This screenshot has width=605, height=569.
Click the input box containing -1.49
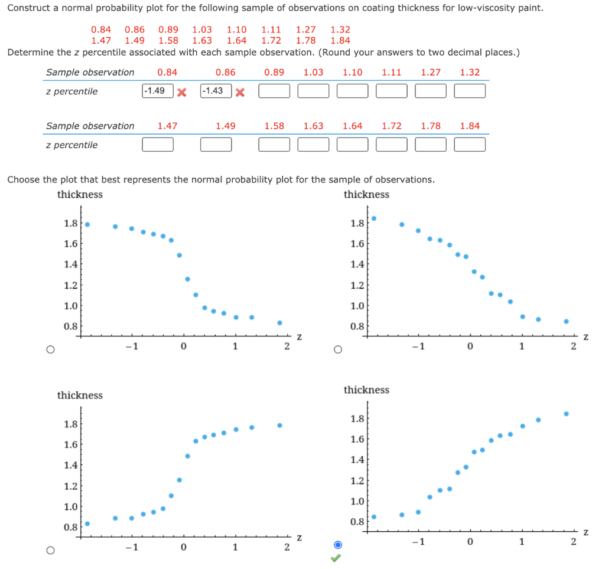[x=157, y=91]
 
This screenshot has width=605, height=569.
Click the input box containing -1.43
[x=216, y=91]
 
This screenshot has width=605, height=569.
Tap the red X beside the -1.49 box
[x=182, y=92]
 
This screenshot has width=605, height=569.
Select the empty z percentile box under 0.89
[x=274, y=91]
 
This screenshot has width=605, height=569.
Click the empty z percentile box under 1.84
[x=470, y=145]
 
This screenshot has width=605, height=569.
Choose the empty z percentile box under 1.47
[x=157, y=145]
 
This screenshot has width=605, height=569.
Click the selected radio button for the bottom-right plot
[x=337, y=544]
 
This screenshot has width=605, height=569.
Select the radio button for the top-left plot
[x=50, y=349]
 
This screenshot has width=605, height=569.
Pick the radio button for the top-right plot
[x=337, y=349]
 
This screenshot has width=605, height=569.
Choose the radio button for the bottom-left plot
[x=50, y=550]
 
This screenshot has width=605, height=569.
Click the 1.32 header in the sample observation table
[x=470, y=73]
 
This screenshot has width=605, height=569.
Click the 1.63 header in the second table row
[x=313, y=126]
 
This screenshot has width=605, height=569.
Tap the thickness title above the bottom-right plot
[x=366, y=390]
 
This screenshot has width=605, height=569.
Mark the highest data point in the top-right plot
[x=373, y=218]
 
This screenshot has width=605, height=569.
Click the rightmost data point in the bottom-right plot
[x=566, y=414]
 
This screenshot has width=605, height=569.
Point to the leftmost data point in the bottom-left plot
[x=87, y=524]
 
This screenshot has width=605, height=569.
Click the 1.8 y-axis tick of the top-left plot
[x=70, y=224]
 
